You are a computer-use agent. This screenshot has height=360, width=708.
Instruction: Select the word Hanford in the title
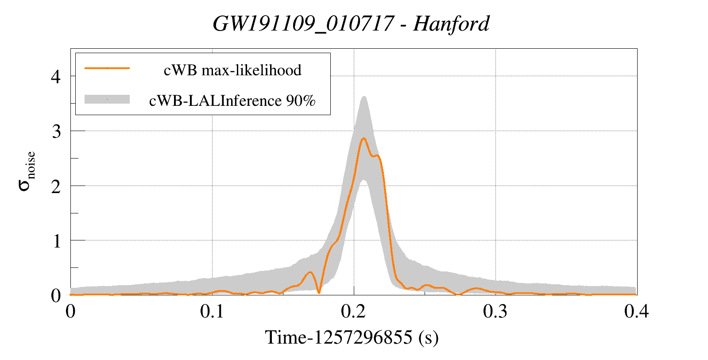pyautogui.click(x=451, y=24)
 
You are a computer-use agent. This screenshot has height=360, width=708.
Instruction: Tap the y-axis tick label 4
pyautogui.click(x=56, y=77)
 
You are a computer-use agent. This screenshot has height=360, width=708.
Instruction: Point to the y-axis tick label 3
pyautogui.click(x=56, y=132)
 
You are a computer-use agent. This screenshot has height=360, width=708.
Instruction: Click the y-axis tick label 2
pyautogui.click(x=56, y=186)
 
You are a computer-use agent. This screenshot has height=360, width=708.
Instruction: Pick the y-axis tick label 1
pyautogui.click(x=56, y=241)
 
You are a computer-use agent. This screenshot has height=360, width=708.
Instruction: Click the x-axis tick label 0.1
pyautogui.click(x=212, y=312)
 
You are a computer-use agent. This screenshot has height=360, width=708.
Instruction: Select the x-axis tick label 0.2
pyautogui.click(x=353, y=312)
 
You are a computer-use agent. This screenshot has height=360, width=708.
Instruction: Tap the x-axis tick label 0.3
pyautogui.click(x=495, y=312)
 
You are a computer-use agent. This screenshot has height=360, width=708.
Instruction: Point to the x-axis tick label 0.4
pyautogui.click(x=636, y=312)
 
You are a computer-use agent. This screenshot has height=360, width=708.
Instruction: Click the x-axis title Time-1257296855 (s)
pyautogui.click(x=352, y=337)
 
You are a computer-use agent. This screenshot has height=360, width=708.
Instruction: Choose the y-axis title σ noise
pyautogui.click(x=27, y=171)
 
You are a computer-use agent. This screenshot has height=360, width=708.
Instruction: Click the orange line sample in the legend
pyautogui.click(x=107, y=68)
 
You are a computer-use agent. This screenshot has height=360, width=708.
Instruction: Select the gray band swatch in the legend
pyautogui.click(x=107, y=99)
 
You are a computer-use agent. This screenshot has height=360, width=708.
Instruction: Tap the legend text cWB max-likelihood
pyautogui.click(x=232, y=70)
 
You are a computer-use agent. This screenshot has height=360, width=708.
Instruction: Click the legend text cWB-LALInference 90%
pyautogui.click(x=232, y=101)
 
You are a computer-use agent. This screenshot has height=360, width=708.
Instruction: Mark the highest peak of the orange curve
pyautogui.click(x=364, y=138)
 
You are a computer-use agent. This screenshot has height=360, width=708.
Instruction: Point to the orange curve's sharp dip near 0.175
pyautogui.click(x=319, y=293)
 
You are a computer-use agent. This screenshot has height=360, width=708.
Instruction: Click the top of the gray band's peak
pyautogui.click(x=364, y=97)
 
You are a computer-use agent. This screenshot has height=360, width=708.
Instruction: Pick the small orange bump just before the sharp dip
pyautogui.click(x=310, y=272)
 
